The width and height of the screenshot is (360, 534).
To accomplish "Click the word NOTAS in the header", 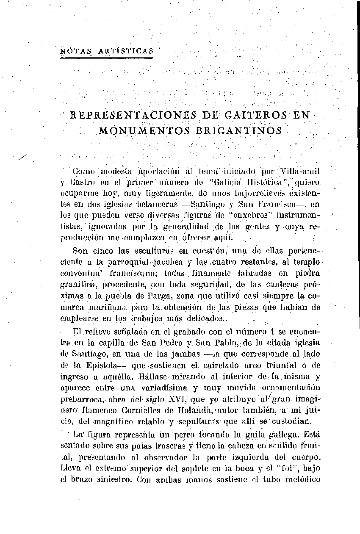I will click(73, 51).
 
